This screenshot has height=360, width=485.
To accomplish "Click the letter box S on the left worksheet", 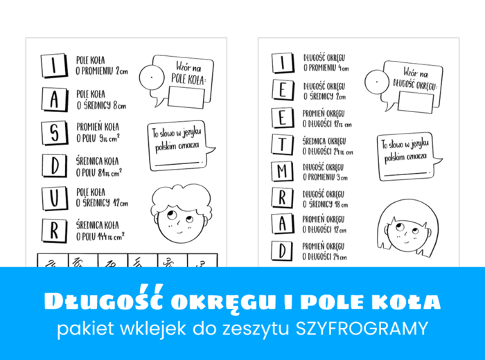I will click(54, 132).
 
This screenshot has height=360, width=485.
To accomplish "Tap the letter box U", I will click(54, 197).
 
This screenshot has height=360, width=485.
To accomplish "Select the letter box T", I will click(281, 144).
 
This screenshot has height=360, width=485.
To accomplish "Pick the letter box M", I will click(281, 170).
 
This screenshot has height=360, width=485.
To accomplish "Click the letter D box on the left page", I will click(54, 165).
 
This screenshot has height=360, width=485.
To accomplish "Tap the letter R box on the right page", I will click(281, 197).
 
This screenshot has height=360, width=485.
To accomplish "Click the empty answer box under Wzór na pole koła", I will click(186, 97).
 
